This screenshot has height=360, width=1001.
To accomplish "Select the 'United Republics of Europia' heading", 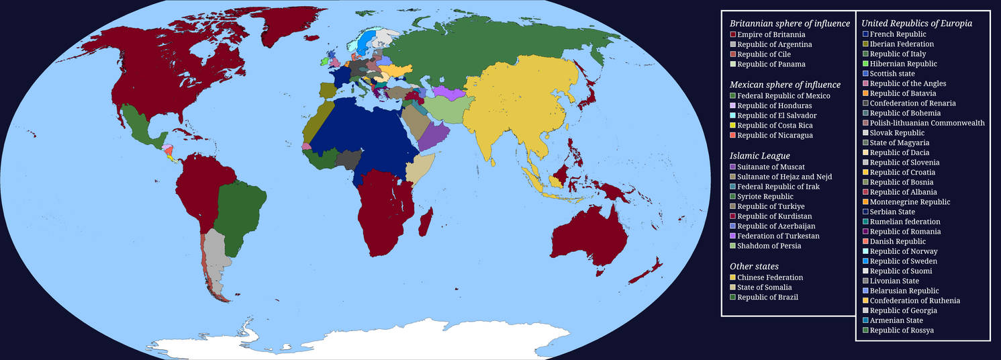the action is pyautogui.click(x=916, y=24).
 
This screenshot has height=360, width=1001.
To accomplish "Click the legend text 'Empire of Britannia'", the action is pyautogui.click(x=771, y=34).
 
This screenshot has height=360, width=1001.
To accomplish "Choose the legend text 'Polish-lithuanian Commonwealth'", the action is pyautogui.click(x=927, y=123).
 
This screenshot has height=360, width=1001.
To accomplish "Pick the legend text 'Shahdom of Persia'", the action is pyautogui.click(x=769, y=246).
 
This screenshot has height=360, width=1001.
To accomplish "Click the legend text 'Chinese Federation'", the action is pyautogui.click(x=770, y=277).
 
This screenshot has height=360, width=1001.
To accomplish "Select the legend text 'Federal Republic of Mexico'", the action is pyautogui.click(x=783, y=96).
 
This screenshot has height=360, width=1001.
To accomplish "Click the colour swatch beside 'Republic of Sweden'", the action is pyautogui.click(x=865, y=261).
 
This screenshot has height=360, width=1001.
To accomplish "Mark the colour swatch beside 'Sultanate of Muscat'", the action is pyautogui.click(x=733, y=167).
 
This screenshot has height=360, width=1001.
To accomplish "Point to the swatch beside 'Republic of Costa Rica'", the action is pyautogui.click(x=733, y=126).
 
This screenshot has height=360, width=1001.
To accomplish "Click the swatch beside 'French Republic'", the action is pyautogui.click(x=865, y=34).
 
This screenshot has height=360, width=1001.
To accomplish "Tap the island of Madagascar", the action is pyautogui.click(x=426, y=222).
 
